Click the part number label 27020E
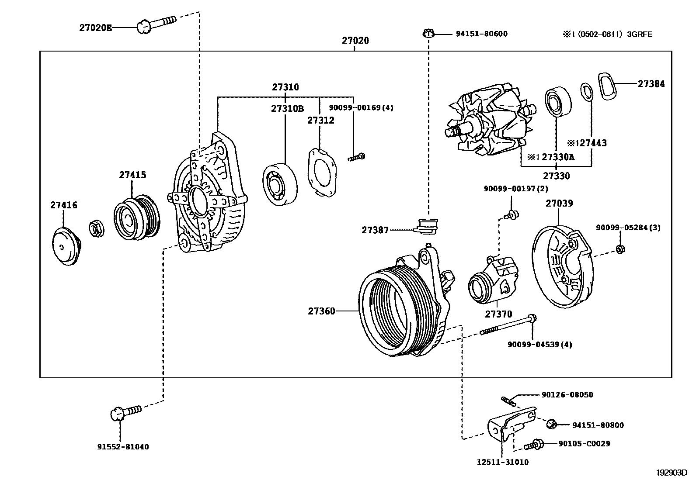pyautogui.click(x=95, y=28)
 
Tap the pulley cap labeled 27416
pyautogui.click(x=65, y=247)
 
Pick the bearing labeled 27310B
pyautogui.click(x=280, y=184)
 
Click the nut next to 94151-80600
pyautogui.click(x=428, y=34)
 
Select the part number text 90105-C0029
pyautogui.click(x=584, y=443)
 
